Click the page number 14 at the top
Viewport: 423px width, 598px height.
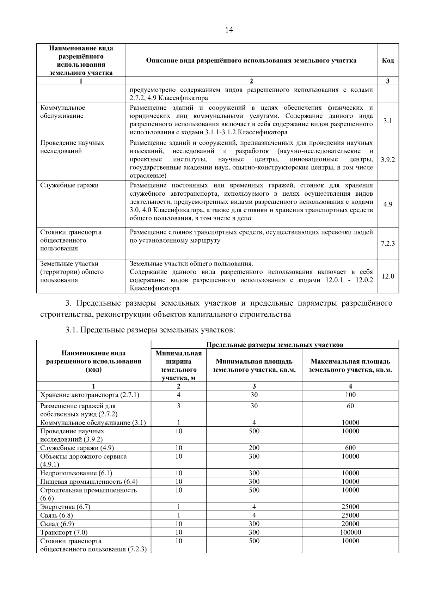tap(229, 30)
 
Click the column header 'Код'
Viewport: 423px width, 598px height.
tap(388, 60)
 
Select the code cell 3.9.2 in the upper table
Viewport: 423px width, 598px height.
tap(388, 159)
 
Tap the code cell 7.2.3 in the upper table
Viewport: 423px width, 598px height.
tap(388, 244)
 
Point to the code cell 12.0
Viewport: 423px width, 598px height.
tap(388, 276)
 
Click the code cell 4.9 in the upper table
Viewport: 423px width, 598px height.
tap(388, 204)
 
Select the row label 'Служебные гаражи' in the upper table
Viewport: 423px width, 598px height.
tap(69, 185)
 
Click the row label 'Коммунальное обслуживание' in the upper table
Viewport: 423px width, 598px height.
tap(63, 112)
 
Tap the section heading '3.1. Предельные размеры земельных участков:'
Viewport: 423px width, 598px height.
tap(150, 330)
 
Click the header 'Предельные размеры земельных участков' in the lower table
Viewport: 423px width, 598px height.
tap(275, 344)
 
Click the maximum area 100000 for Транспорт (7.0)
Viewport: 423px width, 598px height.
tap(350, 532)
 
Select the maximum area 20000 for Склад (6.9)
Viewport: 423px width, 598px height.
tap(350, 524)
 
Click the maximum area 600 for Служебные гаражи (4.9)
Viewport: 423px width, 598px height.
tap(350, 448)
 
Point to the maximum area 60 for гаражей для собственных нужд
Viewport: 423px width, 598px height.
tap(350, 406)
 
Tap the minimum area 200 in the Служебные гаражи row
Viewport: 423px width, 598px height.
tap(254, 448)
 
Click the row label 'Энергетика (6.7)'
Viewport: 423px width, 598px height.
tap(65, 507)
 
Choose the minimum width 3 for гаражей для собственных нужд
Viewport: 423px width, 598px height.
tap(178, 406)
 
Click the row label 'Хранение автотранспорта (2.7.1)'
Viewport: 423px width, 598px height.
tap(90, 395)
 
